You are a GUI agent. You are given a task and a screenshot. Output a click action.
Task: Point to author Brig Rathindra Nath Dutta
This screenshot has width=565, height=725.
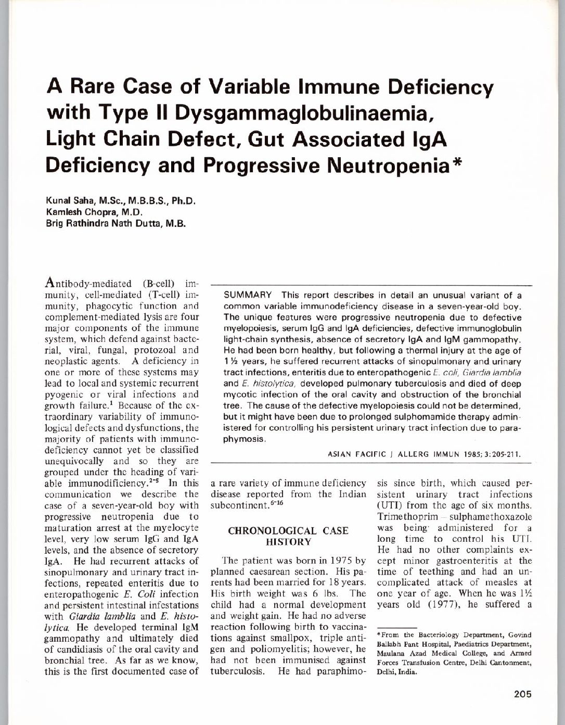[x=102, y=224]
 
